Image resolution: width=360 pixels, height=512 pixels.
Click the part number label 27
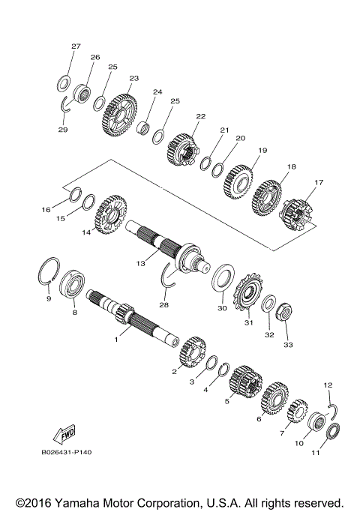pos(75,46)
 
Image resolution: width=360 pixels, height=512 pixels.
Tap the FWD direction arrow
pos(63,436)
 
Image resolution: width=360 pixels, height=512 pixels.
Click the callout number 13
pos(140,263)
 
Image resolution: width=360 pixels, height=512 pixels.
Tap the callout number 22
pos(200,116)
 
